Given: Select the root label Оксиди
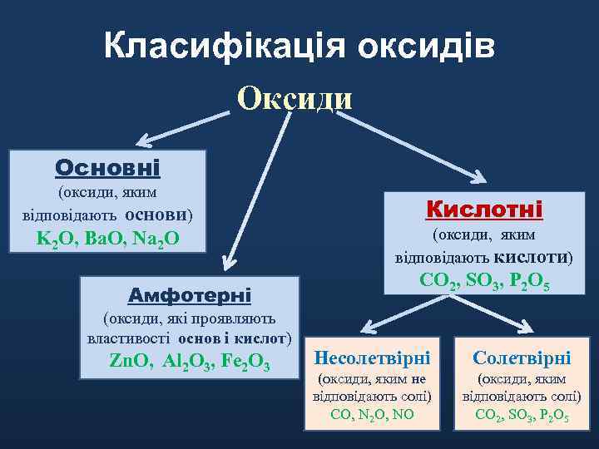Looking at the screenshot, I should point(295,98).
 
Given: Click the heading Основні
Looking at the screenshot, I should point(106,168).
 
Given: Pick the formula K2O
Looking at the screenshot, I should point(52,239).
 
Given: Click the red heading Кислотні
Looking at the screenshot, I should point(484,208).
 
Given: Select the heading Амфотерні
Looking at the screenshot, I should point(190,295).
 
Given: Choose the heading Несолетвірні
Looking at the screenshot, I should point(371,358).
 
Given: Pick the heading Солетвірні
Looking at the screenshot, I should point(522,358).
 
